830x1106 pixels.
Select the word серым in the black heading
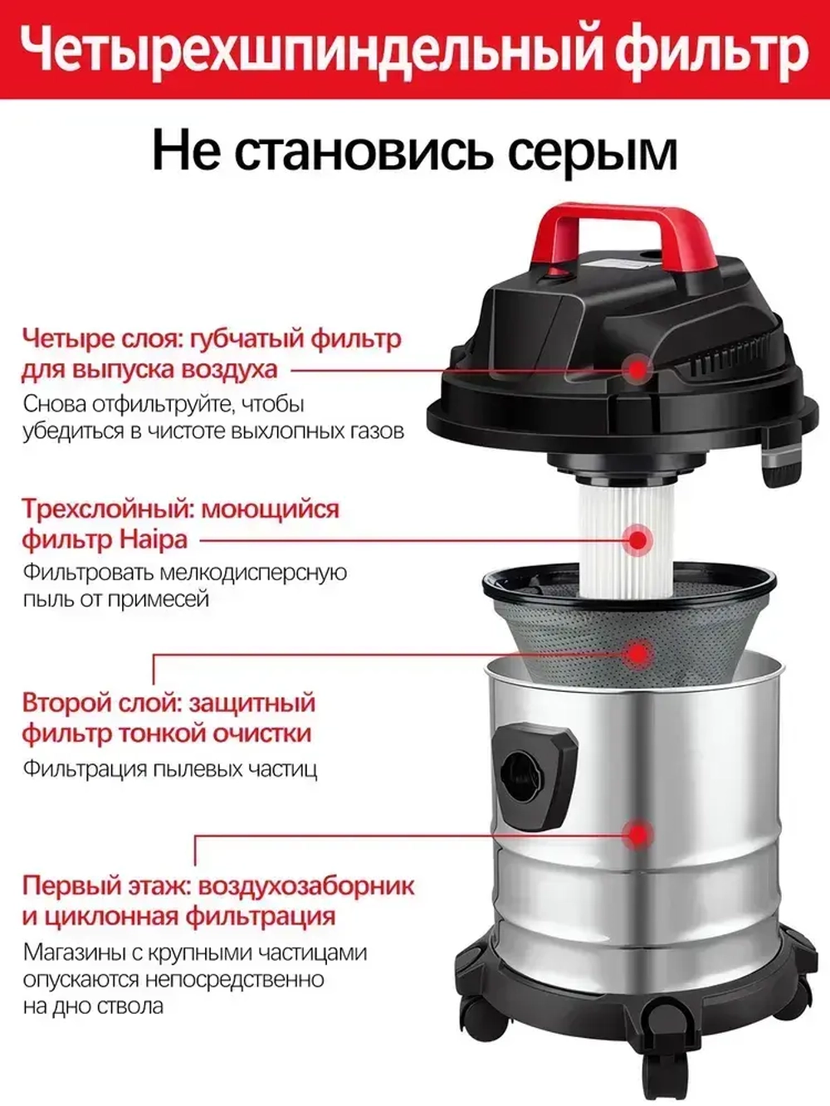click(x=592, y=150)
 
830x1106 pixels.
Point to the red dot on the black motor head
click(x=637, y=368)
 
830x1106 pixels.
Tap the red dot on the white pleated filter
click(x=637, y=539)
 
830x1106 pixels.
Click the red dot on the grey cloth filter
click(x=637, y=652)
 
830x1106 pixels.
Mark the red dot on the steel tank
click(x=637, y=834)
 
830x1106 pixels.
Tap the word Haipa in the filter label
click(x=154, y=539)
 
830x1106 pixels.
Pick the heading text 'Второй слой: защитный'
click(x=168, y=703)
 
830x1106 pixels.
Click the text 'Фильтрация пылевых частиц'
click(x=170, y=768)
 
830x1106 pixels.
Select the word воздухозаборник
click(x=306, y=885)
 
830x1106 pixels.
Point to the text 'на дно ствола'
click(x=93, y=1006)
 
